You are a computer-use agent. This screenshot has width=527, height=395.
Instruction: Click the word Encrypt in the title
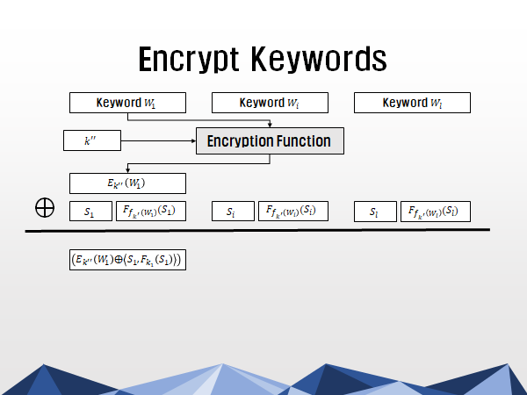[x=189, y=59]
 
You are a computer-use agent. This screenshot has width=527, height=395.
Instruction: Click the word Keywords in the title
[x=320, y=59]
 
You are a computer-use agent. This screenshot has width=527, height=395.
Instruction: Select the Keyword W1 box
[x=127, y=103]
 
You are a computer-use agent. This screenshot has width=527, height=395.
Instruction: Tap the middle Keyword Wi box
[x=270, y=103]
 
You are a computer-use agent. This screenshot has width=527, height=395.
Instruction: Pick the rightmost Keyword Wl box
[x=412, y=103]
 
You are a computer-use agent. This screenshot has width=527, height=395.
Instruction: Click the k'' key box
[x=92, y=140]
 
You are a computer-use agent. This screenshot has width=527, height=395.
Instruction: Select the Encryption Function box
[x=270, y=140]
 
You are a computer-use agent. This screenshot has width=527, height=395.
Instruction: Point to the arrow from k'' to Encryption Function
[x=158, y=140]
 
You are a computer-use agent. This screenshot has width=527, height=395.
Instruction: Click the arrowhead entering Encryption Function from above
[x=270, y=125]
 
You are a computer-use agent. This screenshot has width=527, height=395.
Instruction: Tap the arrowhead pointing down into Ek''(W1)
[x=127, y=170]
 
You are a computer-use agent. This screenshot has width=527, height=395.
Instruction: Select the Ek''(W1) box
[x=127, y=183]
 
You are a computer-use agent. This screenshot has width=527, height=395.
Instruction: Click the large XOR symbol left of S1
[x=45, y=207]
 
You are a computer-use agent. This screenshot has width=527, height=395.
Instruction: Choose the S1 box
[x=90, y=212]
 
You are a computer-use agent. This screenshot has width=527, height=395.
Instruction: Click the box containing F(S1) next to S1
[x=151, y=212]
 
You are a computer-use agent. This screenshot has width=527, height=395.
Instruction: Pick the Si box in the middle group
[x=233, y=212]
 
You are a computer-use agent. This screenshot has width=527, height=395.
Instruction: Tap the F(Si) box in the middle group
[x=293, y=212]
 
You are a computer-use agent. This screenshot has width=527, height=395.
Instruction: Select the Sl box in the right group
[x=375, y=212]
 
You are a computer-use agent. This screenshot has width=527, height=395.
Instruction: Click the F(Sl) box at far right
[x=436, y=212]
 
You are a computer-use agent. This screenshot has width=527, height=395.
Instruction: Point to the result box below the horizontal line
[x=127, y=260]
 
